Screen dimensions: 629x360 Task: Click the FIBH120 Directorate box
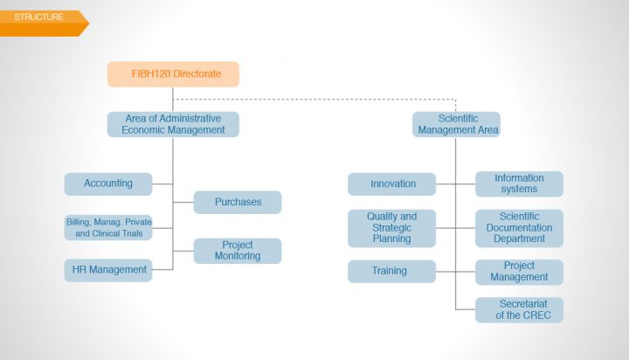(x=173, y=74)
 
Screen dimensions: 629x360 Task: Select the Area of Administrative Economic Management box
(x=173, y=124)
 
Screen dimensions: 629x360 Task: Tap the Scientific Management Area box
(x=457, y=124)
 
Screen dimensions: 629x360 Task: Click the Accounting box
(x=108, y=184)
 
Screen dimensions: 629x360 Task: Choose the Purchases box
(x=238, y=202)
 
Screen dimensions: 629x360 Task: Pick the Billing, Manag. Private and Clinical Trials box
(x=108, y=227)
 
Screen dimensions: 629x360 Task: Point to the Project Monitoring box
(x=238, y=251)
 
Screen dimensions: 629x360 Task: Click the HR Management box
(x=108, y=270)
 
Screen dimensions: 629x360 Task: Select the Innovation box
(x=392, y=184)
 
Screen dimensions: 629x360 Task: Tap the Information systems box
(x=520, y=184)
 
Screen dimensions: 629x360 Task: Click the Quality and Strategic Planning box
(x=392, y=228)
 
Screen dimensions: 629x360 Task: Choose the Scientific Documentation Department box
(x=520, y=228)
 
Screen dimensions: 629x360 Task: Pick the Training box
(x=392, y=271)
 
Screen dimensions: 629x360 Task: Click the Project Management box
(x=520, y=272)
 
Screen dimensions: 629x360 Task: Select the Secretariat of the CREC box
(x=520, y=310)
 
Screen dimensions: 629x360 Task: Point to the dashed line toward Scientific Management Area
(x=314, y=99)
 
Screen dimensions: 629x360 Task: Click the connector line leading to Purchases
(x=183, y=202)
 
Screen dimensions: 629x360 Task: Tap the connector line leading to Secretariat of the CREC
(x=466, y=309)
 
